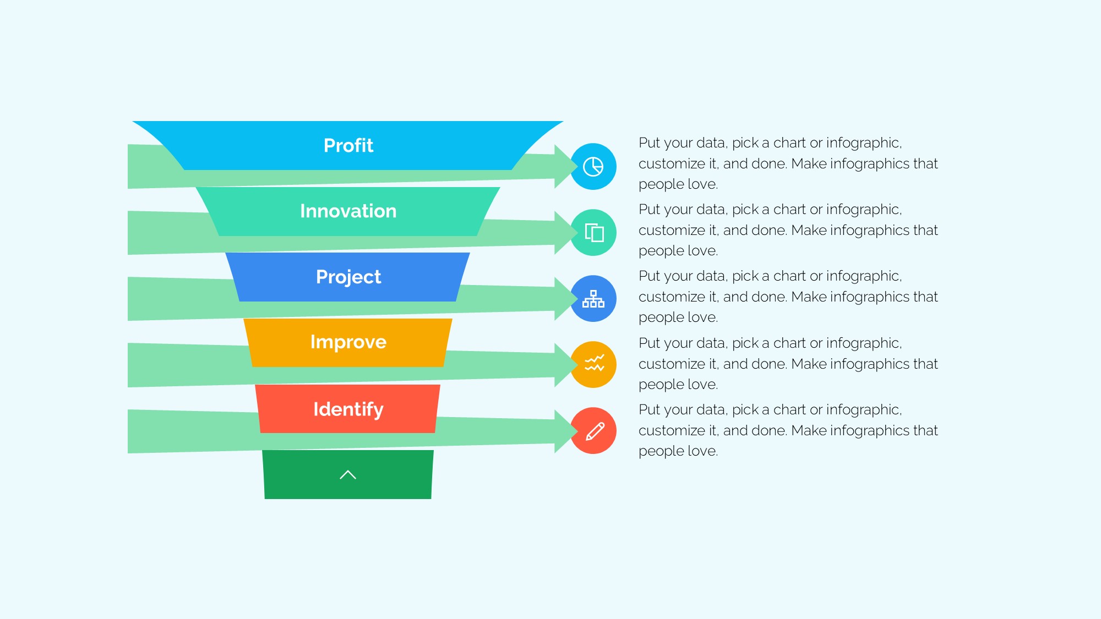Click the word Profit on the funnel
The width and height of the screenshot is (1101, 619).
(348, 145)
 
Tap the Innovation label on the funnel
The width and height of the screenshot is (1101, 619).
(348, 211)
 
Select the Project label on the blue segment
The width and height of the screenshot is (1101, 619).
(348, 277)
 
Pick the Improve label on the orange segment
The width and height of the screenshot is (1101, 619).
(348, 342)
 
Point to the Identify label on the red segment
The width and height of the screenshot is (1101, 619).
(348, 409)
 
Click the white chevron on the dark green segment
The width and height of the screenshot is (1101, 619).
(348, 475)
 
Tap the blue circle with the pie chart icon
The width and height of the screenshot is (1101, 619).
(593, 167)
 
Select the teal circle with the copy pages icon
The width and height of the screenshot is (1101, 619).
(593, 233)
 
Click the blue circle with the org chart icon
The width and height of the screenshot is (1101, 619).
(593, 299)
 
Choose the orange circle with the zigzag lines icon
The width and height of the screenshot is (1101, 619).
(593, 365)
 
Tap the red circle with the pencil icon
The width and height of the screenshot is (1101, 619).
(593, 431)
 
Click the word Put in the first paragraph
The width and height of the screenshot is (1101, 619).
(649, 143)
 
